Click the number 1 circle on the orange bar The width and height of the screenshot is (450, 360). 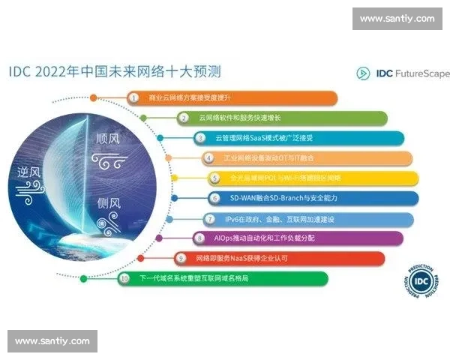point(133,98)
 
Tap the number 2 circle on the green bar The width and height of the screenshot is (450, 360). point(183,118)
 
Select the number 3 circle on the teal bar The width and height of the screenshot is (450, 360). point(200,139)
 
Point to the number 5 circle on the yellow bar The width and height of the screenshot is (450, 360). point(214,178)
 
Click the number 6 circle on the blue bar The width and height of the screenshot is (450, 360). point(214,199)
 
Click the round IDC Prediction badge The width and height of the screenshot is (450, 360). point(422,283)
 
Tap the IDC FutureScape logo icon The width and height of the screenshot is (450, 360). point(363,73)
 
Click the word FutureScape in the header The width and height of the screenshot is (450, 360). point(422,73)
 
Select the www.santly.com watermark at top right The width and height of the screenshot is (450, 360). point(397,18)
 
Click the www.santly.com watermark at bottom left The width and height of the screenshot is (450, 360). point(52,341)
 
